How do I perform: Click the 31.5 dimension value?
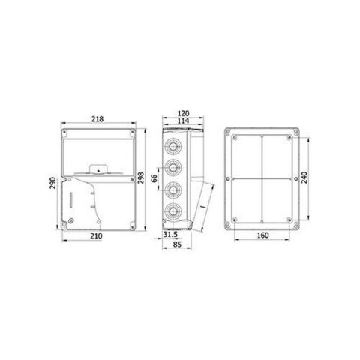point(170,234)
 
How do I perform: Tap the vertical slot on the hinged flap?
point(71,202)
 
